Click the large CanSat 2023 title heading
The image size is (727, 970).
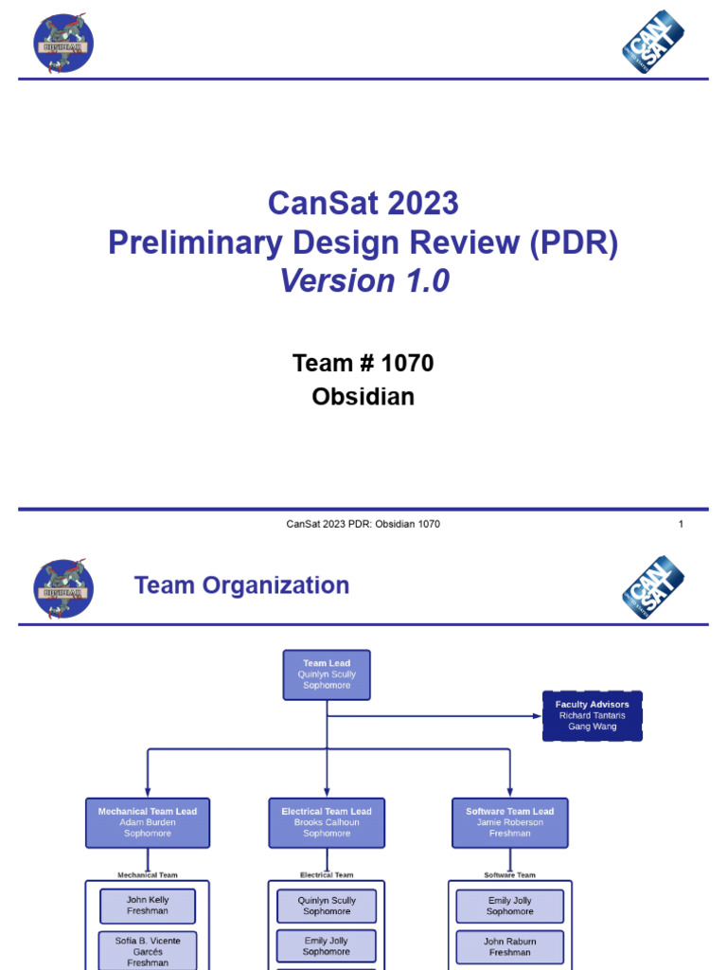point(363,203)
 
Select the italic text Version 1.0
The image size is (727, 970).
point(363,281)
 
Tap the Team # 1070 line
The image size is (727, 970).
point(363,363)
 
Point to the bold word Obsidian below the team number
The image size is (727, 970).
point(363,396)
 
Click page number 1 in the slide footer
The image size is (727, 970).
point(681,525)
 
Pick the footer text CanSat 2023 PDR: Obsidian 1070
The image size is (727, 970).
point(363,525)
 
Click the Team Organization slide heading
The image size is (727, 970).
point(241,585)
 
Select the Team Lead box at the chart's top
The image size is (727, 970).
point(327,674)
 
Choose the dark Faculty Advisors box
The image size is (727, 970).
point(592,715)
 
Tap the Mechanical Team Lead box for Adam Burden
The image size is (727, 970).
point(148,822)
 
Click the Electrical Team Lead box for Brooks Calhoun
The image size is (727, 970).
point(327,822)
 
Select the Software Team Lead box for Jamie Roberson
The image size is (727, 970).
point(510,822)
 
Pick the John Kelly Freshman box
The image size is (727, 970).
point(148,906)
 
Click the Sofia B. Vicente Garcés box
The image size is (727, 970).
point(148,950)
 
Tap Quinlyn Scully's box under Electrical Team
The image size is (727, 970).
point(327,906)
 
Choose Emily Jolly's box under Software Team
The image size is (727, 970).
point(510,906)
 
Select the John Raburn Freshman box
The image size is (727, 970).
point(510,947)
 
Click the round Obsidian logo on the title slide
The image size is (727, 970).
point(63,43)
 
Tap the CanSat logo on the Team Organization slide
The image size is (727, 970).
point(653,587)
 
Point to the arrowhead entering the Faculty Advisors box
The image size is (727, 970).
point(538,715)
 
